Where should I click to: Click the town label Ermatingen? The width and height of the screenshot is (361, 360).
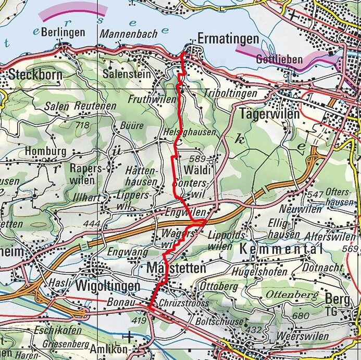228,39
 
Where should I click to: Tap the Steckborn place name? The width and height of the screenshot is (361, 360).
35,75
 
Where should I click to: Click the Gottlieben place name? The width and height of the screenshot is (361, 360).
279,60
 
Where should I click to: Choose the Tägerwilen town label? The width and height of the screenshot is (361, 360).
269,113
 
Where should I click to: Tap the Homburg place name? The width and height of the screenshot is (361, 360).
45,152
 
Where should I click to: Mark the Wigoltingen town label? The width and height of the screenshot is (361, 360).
107,287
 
